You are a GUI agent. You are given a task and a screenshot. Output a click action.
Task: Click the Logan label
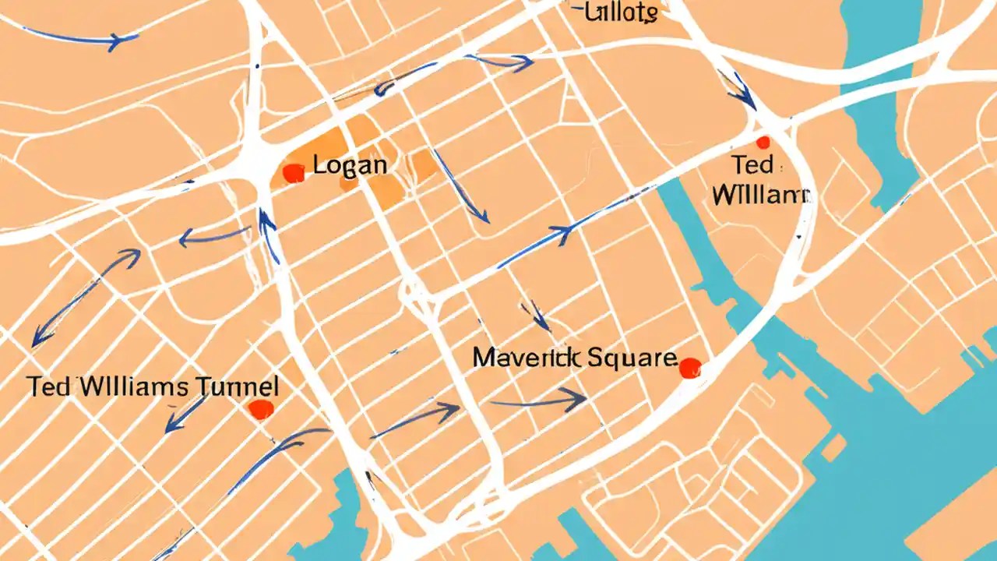point(350,165)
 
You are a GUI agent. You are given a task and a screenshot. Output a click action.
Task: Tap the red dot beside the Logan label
point(293,173)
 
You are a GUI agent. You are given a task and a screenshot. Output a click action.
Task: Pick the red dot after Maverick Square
point(690,368)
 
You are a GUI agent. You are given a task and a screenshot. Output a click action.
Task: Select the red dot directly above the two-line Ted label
point(763,143)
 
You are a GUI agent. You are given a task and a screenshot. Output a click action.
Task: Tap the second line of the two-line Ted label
point(761,194)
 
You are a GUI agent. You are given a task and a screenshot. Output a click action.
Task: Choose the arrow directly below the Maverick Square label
point(537,402)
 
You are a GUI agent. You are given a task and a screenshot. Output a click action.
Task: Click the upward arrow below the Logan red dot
point(269,234)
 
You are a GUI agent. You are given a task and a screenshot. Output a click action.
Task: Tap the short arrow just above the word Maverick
point(537,315)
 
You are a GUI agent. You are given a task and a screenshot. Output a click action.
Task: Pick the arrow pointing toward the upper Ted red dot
point(738,90)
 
